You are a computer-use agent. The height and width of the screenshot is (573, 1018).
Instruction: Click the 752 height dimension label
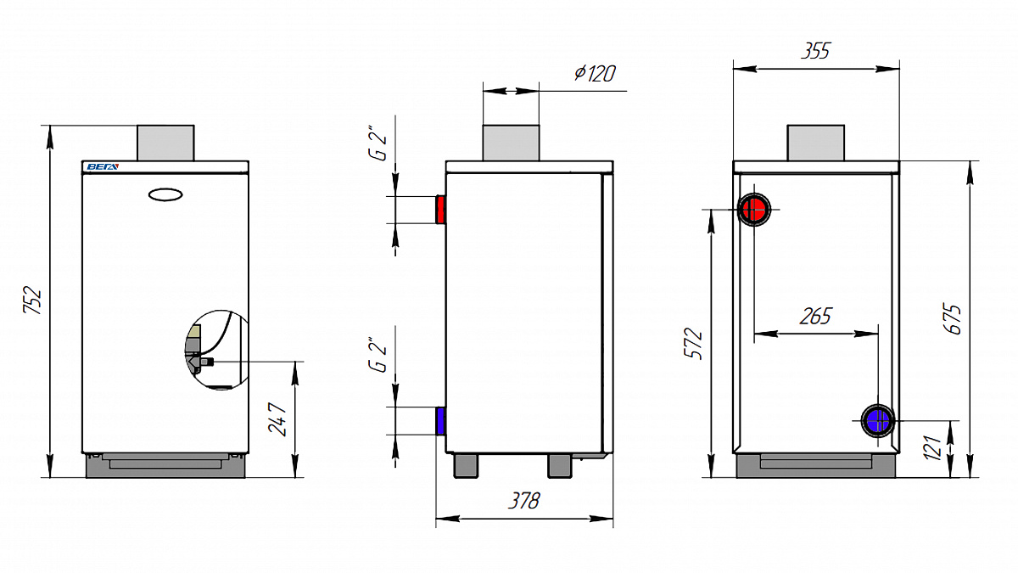tap(33, 300)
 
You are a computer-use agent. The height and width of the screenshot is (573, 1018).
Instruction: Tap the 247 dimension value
tap(277, 419)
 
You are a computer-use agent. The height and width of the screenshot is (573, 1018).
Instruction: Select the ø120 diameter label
tap(595, 73)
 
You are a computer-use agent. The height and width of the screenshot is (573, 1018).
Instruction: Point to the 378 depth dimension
tap(524, 501)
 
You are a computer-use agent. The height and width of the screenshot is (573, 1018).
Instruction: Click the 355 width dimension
tap(815, 50)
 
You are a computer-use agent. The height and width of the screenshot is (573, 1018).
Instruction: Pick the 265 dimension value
tap(816, 316)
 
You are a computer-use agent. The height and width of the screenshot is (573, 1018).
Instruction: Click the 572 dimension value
tap(694, 343)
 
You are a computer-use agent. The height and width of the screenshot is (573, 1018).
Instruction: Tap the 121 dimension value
tap(932, 447)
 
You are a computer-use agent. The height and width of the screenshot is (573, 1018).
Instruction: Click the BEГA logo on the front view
tap(103, 167)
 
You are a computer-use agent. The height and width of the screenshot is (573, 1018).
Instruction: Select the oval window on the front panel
tap(165, 194)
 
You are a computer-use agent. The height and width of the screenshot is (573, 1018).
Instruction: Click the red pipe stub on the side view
tap(440, 210)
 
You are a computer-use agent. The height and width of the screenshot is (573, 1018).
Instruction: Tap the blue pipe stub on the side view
tap(440, 421)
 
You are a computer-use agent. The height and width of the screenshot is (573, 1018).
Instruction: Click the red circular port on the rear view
tap(754, 210)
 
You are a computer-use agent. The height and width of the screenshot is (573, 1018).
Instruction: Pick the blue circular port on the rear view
tap(877, 421)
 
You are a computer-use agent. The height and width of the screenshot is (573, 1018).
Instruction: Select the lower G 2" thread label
tap(378, 355)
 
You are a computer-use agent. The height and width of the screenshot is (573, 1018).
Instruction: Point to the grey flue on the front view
tap(165, 143)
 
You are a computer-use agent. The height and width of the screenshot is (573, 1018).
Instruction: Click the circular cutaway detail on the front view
tap(217, 350)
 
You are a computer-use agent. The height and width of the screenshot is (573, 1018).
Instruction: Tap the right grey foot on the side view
tap(560, 465)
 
